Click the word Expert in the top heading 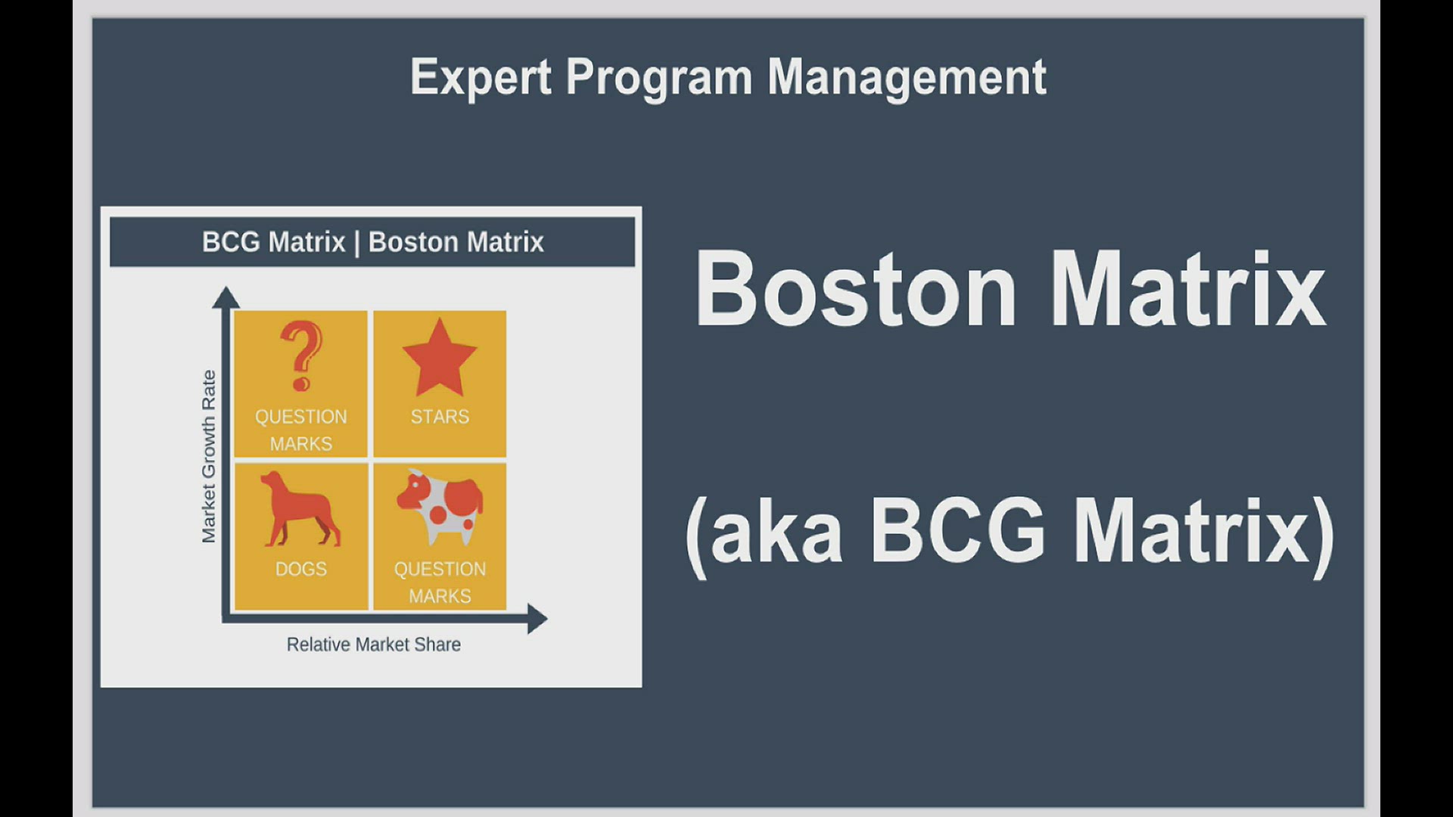[481, 77]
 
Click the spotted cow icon [440, 506]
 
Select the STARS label [440, 417]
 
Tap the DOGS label [301, 569]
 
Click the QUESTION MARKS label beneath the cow [440, 582]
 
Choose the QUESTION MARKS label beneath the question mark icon [301, 430]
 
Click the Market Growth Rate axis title [208, 457]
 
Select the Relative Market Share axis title [374, 645]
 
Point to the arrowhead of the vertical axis [226, 297]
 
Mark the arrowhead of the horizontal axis [537, 619]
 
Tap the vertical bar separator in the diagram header [357, 244]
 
